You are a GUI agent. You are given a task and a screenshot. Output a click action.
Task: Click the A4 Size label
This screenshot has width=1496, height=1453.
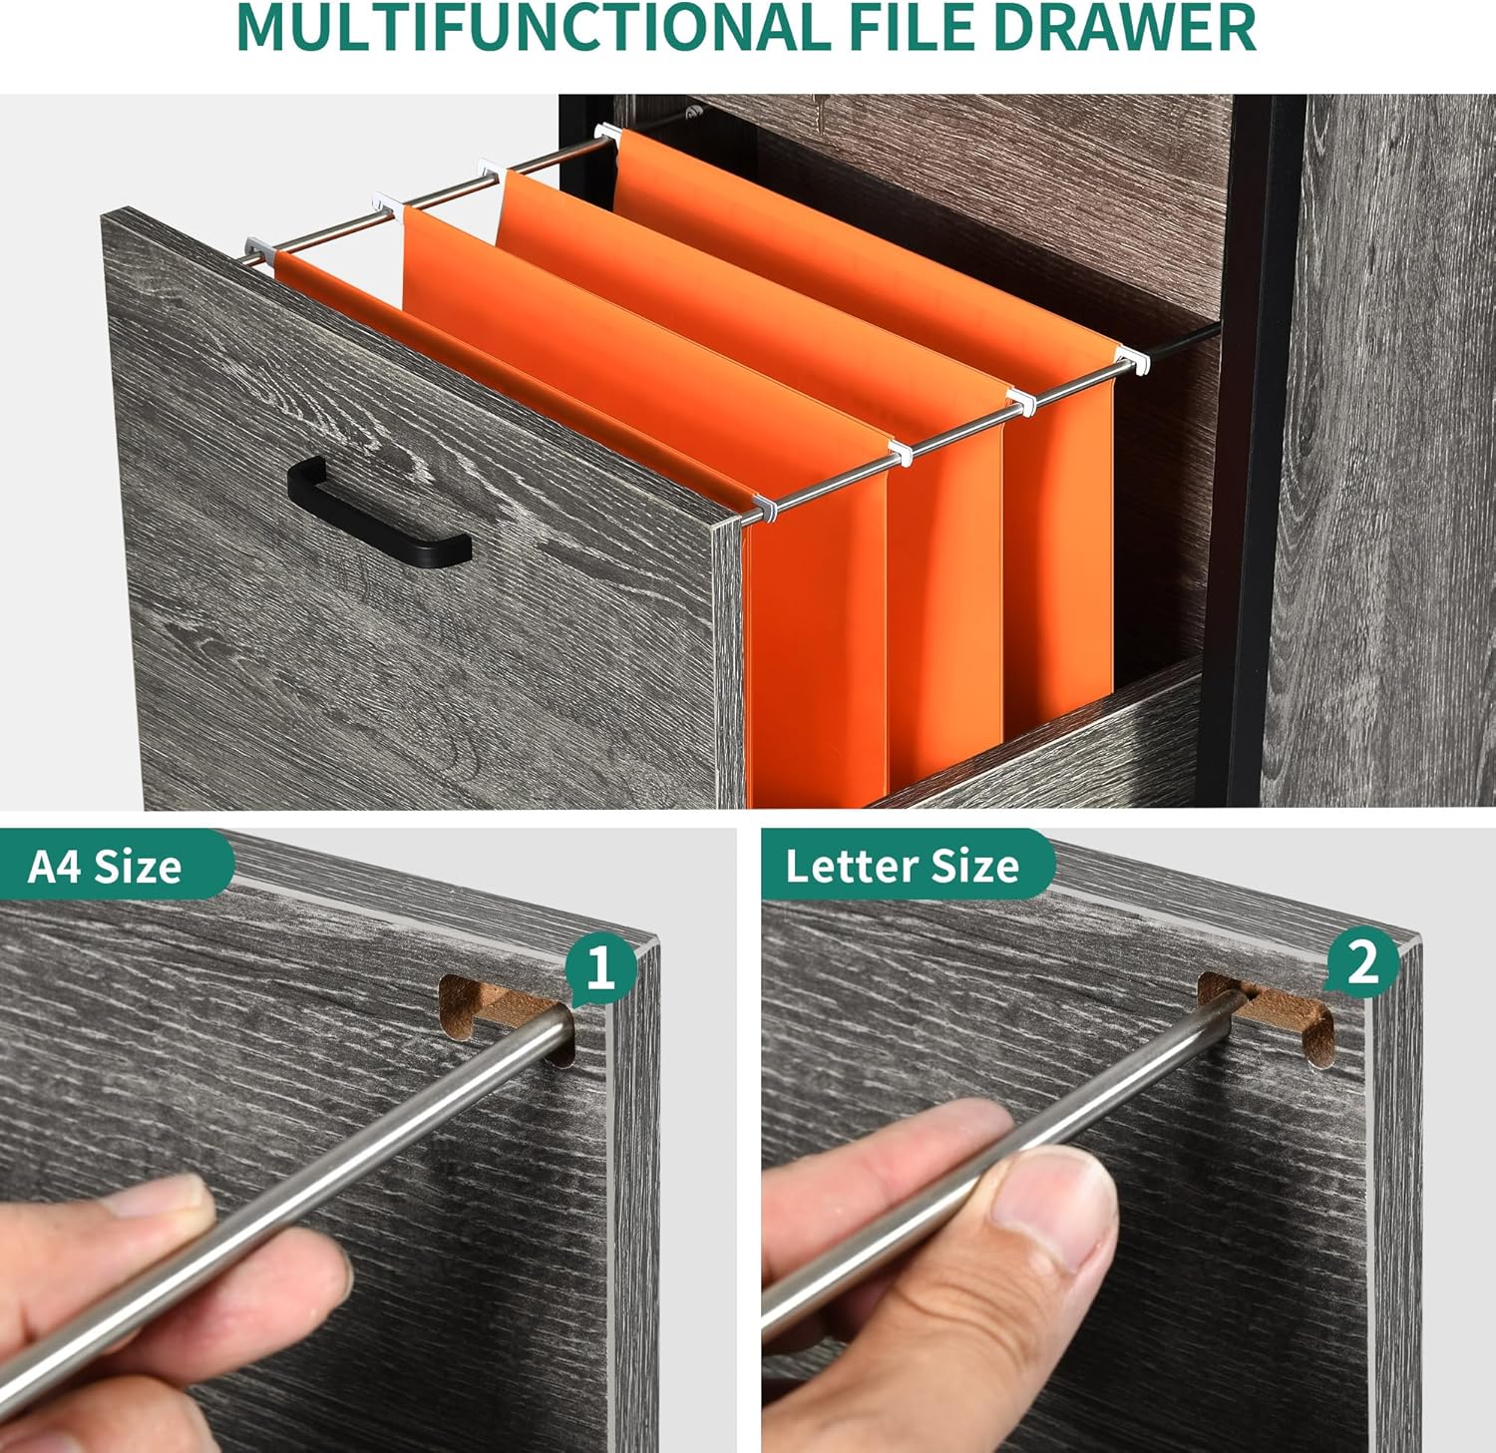tap(105, 866)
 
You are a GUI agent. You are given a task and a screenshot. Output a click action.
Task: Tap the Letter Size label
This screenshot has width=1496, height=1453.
tap(902, 866)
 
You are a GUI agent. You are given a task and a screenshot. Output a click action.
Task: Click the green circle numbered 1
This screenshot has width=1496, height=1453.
tap(600, 966)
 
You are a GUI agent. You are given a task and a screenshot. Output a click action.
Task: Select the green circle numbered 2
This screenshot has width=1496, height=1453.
tap(1362, 964)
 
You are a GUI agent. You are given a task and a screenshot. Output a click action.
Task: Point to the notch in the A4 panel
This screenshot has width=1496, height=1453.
tap(508, 1017)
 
